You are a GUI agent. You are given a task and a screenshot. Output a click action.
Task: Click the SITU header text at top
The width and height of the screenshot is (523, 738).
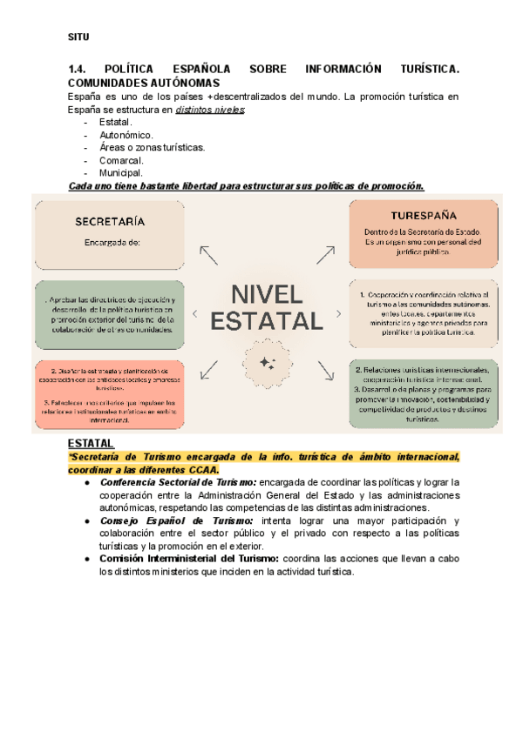pos(78,37)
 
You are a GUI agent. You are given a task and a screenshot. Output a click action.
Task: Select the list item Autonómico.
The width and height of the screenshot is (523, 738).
pos(126,135)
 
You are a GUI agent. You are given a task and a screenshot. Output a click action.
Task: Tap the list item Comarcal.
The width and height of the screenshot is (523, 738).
pos(121,160)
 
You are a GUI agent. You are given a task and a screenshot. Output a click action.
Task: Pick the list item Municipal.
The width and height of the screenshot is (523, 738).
pos(121,173)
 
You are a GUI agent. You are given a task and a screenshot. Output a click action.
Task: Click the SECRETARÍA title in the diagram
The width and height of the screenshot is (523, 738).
pos(110,221)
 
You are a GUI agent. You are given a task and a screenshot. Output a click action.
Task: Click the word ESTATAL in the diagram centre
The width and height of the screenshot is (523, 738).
pos(267,321)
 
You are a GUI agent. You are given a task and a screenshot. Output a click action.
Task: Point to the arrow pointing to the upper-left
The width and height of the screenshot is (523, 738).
pos(208,254)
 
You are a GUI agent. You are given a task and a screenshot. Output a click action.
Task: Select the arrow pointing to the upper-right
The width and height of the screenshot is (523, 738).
pos(325,254)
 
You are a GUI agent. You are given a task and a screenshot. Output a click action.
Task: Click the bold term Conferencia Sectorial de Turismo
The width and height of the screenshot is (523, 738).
pos(179,481)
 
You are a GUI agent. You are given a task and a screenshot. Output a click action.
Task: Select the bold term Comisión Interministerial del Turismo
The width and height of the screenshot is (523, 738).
pos(187,558)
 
